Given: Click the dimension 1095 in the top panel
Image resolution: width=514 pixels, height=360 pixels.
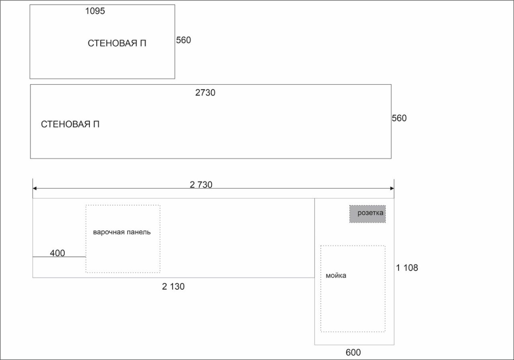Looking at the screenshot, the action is [x=95, y=11].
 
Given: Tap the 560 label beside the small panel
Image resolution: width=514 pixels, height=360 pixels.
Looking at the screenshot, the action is [x=183, y=40].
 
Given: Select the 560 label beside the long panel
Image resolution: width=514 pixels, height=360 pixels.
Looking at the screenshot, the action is [x=399, y=118].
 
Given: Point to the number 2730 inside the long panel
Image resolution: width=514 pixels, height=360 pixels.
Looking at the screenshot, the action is [x=205, y=92].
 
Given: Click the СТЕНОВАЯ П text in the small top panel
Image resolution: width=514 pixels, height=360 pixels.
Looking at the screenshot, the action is [x=117, y=43].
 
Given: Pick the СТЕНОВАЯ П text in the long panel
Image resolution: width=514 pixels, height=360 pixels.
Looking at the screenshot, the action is [x=70, y=124].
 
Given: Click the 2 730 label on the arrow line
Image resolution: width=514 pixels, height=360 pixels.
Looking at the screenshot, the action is [x=201, y=184].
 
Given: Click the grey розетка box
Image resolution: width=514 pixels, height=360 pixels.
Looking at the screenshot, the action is [x=368, y=214].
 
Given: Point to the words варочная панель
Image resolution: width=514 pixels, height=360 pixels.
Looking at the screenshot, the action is [x=122, y=232].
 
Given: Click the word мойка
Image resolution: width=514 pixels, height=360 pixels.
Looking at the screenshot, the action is [x=336, y=275].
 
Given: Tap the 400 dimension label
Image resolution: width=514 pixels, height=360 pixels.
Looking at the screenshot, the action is [x=57, y=253].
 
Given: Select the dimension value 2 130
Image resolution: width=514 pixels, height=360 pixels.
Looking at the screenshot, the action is [x=173, y=287].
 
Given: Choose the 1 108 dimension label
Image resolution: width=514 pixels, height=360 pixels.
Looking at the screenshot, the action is [x=407, y=268].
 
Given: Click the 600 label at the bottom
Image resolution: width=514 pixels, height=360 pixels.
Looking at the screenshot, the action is [x=353, y=352].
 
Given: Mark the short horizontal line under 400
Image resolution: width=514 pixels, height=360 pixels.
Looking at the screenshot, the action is [x=59, y=257].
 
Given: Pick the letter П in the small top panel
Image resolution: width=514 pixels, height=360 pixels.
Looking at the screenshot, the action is [x=143, y=43].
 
